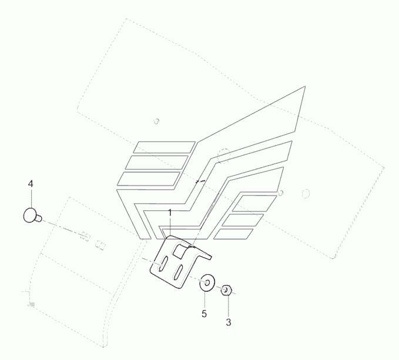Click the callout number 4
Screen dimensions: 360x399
(31, 184)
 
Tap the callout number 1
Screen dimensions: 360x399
(170, 211)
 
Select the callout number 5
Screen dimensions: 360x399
(204, 314)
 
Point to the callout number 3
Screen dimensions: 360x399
(229, 322)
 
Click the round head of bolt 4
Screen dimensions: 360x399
(29, 216)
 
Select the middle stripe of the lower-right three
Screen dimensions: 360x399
(242, 220)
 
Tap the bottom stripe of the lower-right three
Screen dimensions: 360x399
(233, 234)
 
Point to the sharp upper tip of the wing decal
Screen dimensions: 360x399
(304, 88)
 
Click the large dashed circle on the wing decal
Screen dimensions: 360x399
(223, 155)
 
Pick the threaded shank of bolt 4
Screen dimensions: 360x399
(39, 219)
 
